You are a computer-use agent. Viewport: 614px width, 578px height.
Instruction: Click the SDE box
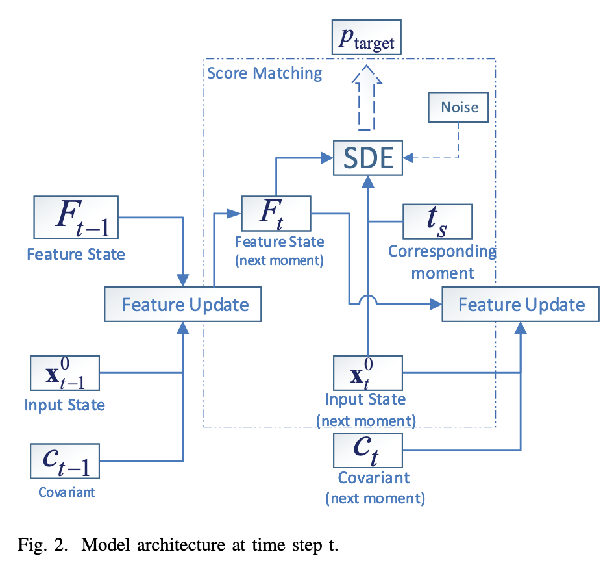(x=368, y=157)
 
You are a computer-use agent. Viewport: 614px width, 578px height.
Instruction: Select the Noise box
(x=458, y=107)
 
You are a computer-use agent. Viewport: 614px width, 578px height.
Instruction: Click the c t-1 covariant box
(x=65, y=460)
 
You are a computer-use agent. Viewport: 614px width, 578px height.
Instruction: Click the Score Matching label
(x=265, y=73)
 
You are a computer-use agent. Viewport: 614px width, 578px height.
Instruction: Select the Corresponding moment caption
(x=441, y=262)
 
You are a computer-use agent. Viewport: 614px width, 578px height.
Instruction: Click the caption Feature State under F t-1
(x=76, y=253)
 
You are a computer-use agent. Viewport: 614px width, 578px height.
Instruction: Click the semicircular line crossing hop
(x=368, y=299)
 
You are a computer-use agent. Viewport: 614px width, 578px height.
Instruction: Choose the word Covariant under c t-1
(x=66, y=492)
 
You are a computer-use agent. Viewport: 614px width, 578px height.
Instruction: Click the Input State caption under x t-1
(x=65, y=405)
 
